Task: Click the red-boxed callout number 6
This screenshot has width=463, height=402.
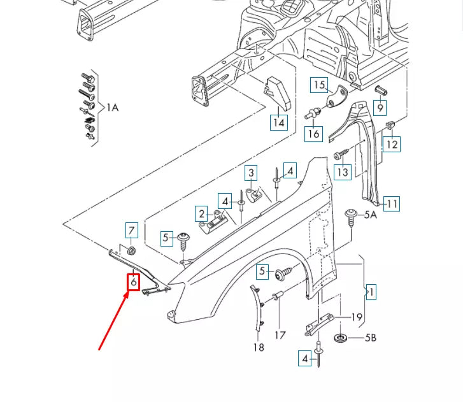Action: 133,281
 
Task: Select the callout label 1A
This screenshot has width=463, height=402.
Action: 112,108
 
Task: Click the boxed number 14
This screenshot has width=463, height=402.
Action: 278,122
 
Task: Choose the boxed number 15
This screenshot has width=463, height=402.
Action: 319,85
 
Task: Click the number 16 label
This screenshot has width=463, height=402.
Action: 313,134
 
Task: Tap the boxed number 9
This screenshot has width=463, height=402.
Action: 380,108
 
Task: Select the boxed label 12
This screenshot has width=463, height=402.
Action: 392,145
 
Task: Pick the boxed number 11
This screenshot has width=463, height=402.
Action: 392,204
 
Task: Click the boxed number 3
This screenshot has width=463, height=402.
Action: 252,173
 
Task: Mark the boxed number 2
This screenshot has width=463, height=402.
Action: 202,214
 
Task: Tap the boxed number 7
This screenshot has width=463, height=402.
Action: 131,230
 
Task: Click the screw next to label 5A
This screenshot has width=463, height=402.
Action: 350,215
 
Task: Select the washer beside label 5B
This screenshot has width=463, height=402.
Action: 340,337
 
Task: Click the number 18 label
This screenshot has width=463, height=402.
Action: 258,347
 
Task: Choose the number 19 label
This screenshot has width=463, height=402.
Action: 357,317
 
